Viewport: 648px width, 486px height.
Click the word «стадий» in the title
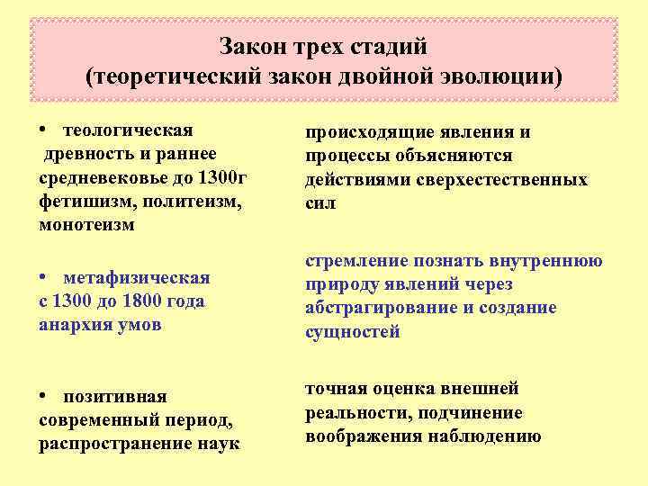tap(386, 45)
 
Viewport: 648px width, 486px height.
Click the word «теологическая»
tap(129, 131)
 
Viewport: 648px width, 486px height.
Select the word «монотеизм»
tap(86, 225)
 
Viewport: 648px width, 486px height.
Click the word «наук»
tap(220, 443)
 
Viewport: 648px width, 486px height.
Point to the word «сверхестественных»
tap(502, 179)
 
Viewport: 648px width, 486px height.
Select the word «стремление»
tap(355, 261)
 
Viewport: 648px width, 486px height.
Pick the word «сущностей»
tap(352, 331)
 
